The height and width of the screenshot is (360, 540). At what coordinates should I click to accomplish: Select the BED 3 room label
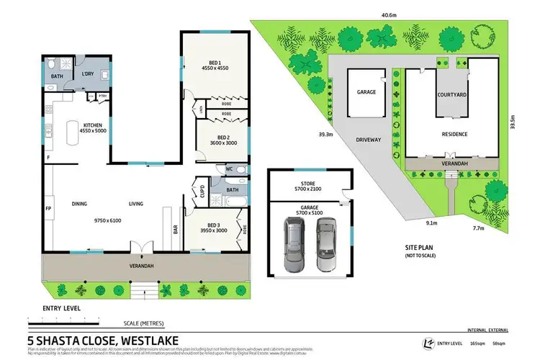[x=215, y=224]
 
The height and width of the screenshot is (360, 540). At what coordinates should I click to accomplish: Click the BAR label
[x=176, y=230]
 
